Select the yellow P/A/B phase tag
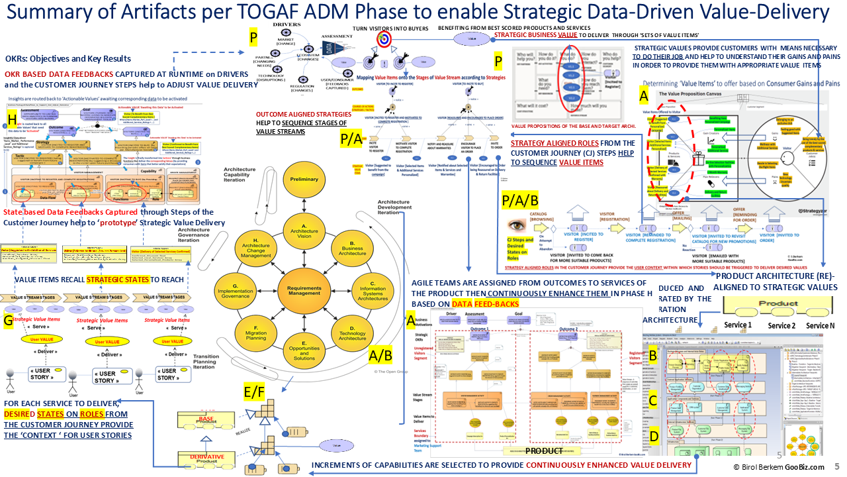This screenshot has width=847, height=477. click(521, 199)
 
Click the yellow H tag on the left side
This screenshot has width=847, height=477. click(13, 119)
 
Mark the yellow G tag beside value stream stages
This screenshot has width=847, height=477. click(9, 321)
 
